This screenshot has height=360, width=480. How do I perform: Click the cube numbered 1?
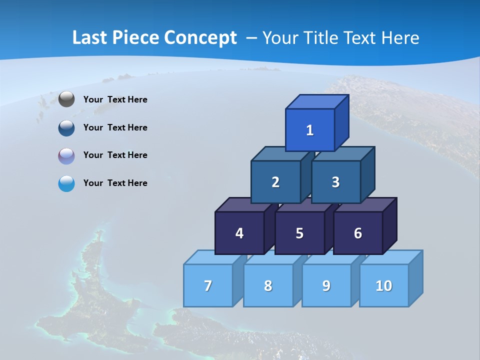click(310, 130)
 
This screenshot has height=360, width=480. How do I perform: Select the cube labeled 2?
click(275, 182)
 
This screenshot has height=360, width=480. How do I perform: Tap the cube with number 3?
click(335, 182)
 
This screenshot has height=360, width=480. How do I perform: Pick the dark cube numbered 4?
click(239, 233)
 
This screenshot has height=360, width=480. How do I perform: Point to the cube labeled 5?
click(299, 233)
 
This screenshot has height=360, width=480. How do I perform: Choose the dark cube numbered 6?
click(358, 233)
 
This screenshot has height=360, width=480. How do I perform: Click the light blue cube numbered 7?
click(208, 285)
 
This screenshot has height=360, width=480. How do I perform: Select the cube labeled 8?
click(268, 285)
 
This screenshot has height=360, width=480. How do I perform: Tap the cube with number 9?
click(326, 285)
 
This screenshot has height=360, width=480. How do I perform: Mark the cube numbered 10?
click(383, 285)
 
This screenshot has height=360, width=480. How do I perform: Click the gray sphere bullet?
click(66, 99)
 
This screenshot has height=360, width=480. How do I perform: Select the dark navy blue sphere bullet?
click(66, 128)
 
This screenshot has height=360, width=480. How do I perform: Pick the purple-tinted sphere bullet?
click(66, 156)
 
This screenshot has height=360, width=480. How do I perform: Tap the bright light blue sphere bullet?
click(66, 183)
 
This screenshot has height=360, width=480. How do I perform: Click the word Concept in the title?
click(200, 38)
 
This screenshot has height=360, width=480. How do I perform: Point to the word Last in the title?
click(90, 38)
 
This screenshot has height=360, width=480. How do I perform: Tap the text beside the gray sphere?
click(115, 99)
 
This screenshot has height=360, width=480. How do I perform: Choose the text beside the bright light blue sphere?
click(115, 183)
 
